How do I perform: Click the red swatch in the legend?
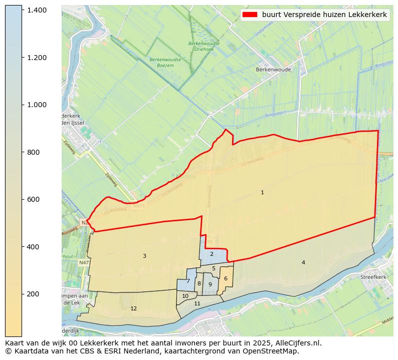coord(250,15)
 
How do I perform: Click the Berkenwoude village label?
coord(273,70)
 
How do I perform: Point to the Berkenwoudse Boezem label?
coord(165,63)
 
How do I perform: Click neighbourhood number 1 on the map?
coord(262,192)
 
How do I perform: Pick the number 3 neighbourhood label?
coord(144,256)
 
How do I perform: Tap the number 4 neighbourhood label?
coord(303,262)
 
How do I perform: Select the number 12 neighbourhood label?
coord(133,308)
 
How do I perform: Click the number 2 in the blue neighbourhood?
coord(212,254)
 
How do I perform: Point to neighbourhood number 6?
coord(226,278)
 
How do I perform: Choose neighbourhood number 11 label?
coord(197,303)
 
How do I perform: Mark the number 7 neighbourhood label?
coord(188,281)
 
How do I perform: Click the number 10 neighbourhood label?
coord(185,296)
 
